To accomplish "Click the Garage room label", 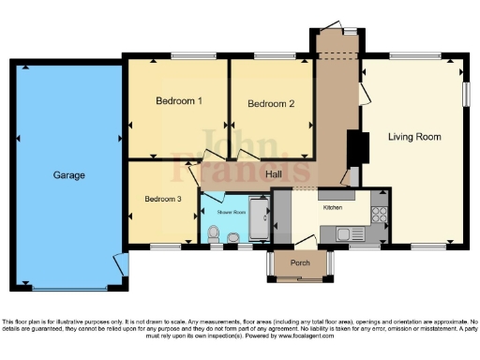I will tap(69, 175).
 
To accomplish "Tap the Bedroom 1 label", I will tap(179, 100).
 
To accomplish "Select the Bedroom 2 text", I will tap(272, 104).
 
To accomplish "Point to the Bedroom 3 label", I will tap(164, 199).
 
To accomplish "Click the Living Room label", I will tap(414, 137).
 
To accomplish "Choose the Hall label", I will tap(275, 175).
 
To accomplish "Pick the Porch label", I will tap(300, 262).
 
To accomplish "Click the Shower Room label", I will tap(232, 213).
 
